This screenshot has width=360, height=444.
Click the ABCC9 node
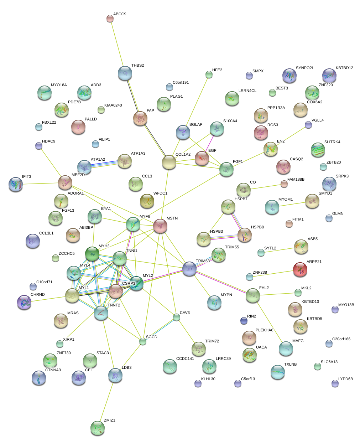[x=110, y=19]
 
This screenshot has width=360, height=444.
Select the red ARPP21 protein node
[x=300, y=269]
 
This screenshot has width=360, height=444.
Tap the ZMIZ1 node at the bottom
[x=97, y=428]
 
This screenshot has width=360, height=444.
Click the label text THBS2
[x=137, y=66]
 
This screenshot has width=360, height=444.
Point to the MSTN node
[x=160, y=226]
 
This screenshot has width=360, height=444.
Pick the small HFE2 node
[x=209, y=74]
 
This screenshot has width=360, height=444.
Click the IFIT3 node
[x=16, y=184]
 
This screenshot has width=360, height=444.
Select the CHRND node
[x=24, y=302]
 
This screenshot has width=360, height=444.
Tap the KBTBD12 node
[x=329, y=75]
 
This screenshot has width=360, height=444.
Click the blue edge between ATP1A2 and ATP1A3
[x=104, y=164]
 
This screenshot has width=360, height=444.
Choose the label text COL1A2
[x=183, y=155]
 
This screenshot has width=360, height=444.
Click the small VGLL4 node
[x=308, y=124]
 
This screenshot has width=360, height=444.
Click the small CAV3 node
[x=177, y=317]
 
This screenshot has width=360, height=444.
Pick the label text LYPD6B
[x=345, y=379]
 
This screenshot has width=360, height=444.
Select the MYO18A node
[x=44, y=93]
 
